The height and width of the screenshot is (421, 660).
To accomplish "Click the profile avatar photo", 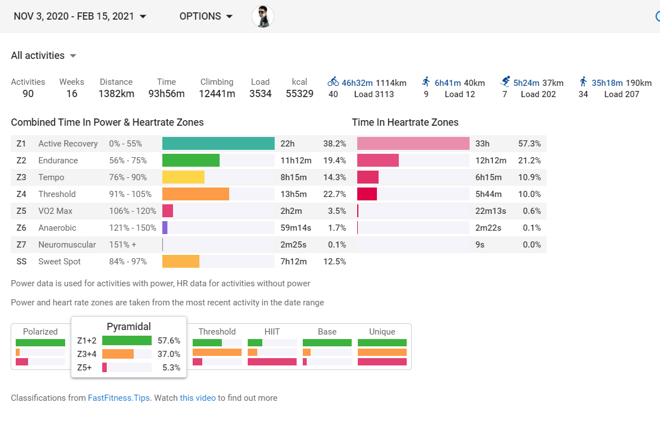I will [263, 16].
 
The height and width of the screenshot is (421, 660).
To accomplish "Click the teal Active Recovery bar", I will [218, 144].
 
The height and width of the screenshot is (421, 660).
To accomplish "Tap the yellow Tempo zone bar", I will [183, 177].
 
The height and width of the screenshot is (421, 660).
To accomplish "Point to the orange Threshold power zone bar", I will [195, 194].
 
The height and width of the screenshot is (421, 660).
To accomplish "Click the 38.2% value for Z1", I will [334, 144].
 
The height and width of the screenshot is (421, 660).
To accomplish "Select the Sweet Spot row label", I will [60, 262].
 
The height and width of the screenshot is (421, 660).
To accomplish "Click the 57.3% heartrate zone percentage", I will [530, 144].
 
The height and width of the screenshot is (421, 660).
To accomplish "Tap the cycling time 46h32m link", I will [357, 83].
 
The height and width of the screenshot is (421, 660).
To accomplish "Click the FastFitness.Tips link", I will [119, 398].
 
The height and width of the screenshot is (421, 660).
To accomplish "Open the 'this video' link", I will [198, 398].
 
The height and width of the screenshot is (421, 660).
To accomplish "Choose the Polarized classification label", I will [40, 332].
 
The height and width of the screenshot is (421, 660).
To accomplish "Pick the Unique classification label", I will [382, 332].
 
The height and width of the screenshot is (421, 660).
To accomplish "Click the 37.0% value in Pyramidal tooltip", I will [169, 354].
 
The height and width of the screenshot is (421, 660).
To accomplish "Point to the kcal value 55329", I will [299, 94].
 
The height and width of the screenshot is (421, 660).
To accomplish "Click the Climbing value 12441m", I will [217, 94].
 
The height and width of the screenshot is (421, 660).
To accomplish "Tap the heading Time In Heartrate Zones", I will [405, 122].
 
